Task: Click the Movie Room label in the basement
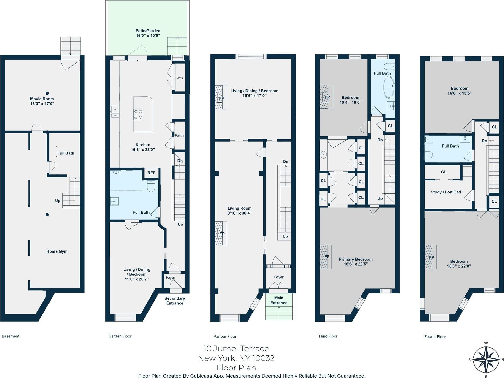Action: pyautogui.click(x=42, y=99)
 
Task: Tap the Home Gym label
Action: pyautogui.click(x=57, y=251)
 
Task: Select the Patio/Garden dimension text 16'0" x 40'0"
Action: pyautogui.click(x=148, y=35)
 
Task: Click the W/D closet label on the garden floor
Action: pyautogui.click(x=180, y=78)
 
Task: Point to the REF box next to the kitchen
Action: pyautogui.click(x=151, y=173)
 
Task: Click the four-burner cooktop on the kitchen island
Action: pyautogui.click(x=138, y=114)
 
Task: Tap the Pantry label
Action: pyautogui.click(x=179, y=135)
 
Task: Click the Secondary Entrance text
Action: pyautogui.click(x=175, y=301)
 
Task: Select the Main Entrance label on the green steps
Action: pyautogui.click(x=279, y=300)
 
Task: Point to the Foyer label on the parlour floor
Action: pyautogui.click(x=279, y=277)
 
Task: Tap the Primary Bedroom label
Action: pyautogui.click(x=355, y=259)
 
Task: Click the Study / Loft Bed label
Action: pyautogui.click(x=446, y=192)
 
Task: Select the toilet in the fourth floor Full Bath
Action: pyautogui.click(x=428, y=155)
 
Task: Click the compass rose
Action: pyautogui.click(x=486, y=360)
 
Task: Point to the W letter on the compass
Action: pyautogui.click(x=486, y=343)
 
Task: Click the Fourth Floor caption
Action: pyautogui.click(x=435, y=337)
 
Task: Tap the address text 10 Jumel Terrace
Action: pyautogui.click(x=236, y=348)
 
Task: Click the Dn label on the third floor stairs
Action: pyautogui.click(x=380, y=140)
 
